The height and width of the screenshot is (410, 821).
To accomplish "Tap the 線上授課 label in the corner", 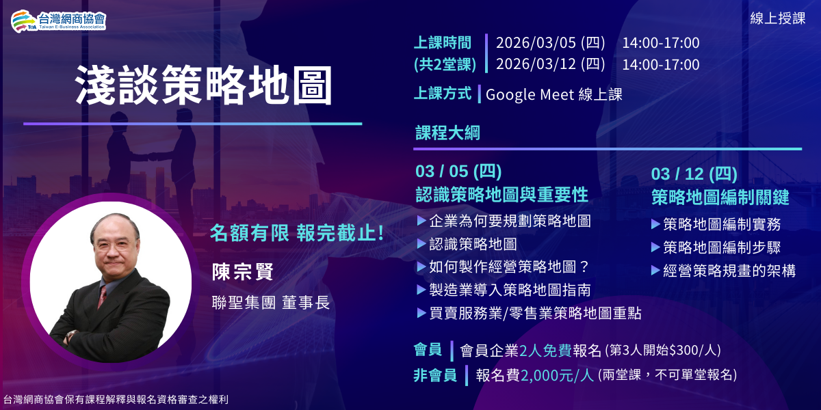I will pyautogui.click(x=778, y=18).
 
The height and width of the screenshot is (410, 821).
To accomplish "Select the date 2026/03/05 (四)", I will pyautogui.click(x=550, y=43).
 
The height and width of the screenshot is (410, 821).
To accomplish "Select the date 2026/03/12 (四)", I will pyautogui.click(x=550, y=64).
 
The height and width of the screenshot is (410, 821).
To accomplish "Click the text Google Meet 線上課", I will pyautogui.click(x=554, y=95).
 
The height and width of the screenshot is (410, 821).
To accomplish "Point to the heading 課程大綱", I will pyautogui.click(x=447, y=133).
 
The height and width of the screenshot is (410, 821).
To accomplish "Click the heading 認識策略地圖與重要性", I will pyautogui.click(x=501, y=195).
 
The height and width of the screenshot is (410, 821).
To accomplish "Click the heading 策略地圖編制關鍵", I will pyautogui.click(x=720, y=197).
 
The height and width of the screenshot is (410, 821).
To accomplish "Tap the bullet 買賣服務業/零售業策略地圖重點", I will pyautogui.click(x=535, y=313).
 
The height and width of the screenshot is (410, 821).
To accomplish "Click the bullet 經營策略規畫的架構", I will pyautogui.click(x=729, y=271).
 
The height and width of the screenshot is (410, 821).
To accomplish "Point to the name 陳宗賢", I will pyautogui.click(x=243, y=271).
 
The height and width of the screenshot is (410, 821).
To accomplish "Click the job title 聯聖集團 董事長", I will pyautogui.click(x=271, y=302).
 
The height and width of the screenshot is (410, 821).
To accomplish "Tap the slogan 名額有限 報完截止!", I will pyautogui.click(x=296, y=233).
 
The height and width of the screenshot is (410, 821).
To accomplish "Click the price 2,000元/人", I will pyautogui.click(x=557, y=374).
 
